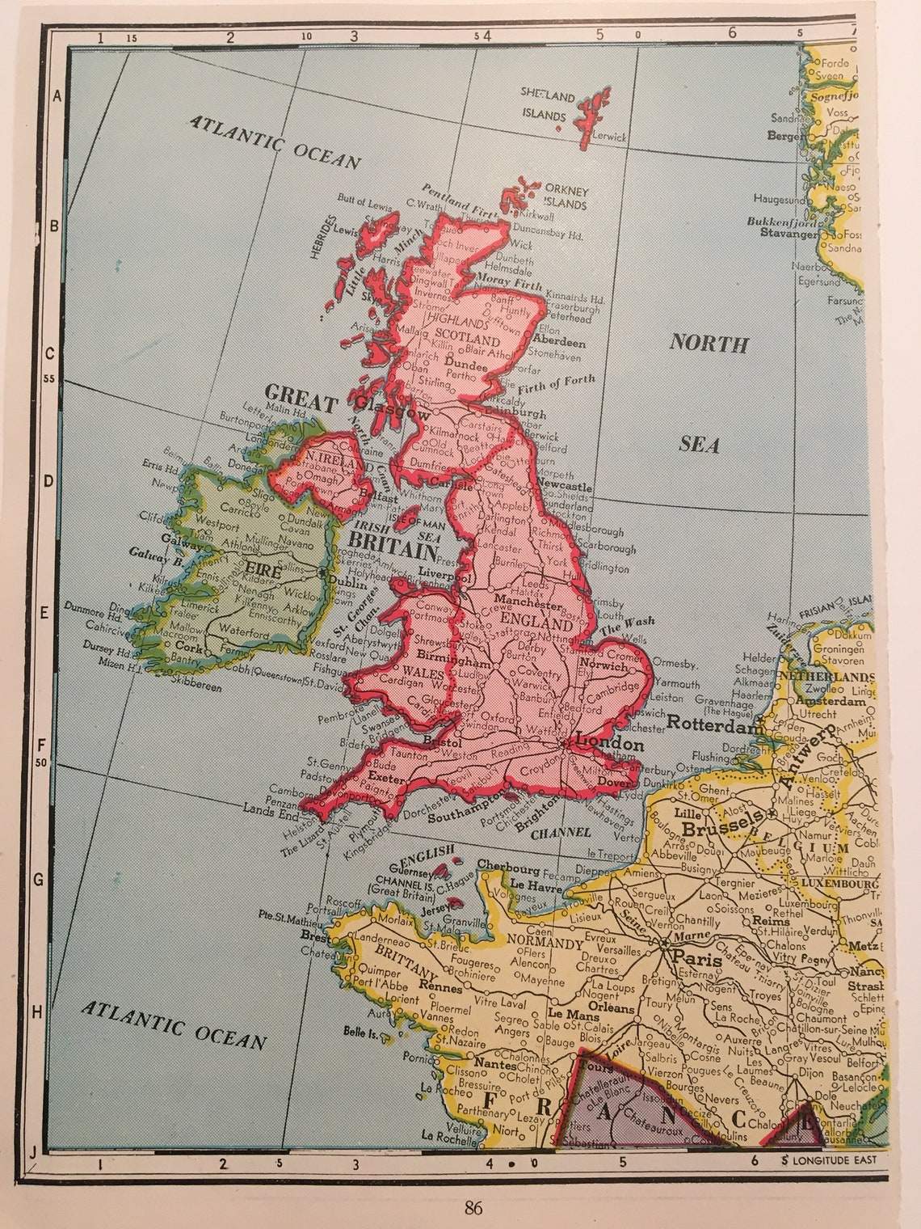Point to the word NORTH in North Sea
click(709, 344)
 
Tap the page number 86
click(473, 1209)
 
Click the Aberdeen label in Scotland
click(559, 343)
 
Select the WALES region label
click(423, 672)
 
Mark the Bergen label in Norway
click(785, 137)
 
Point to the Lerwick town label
click(608, 137)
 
